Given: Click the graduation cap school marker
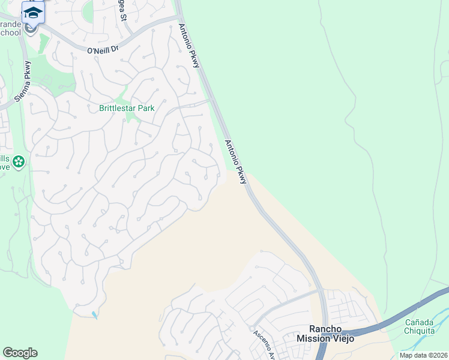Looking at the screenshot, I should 33,11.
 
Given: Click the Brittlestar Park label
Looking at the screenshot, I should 127,109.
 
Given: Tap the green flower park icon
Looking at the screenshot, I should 19,161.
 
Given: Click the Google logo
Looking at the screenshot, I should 20,353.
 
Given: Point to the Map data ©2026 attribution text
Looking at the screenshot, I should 423,355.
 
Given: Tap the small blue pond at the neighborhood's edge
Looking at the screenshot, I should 95,314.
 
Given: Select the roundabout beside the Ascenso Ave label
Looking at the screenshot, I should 250,328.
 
